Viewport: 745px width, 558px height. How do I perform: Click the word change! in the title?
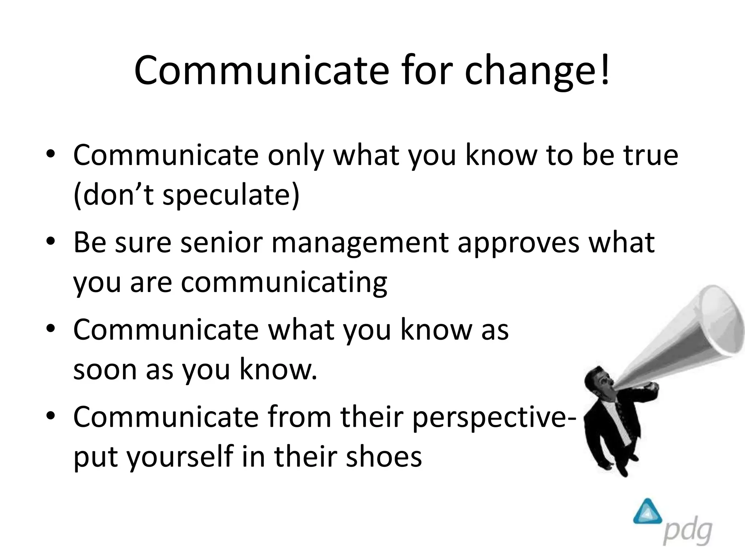pyautogui.click(x=537, y=71)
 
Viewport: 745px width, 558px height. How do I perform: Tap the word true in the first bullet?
pyautogui.click(x=651, y=155)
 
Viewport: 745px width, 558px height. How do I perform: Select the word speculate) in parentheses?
pyautogui.click(x=231, y=195)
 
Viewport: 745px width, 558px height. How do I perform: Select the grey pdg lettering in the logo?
pyautogui.click(x=687, y=532)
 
